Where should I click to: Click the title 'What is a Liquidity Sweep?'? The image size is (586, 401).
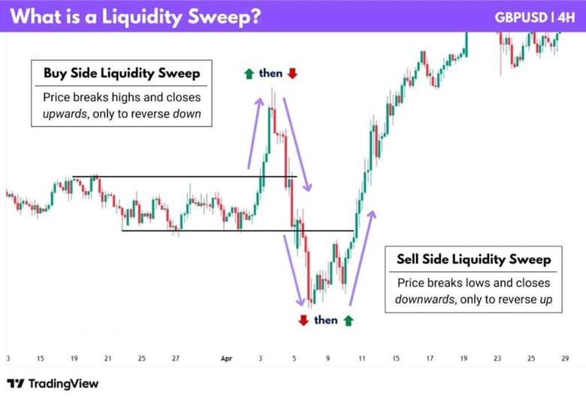click(x=135, y=17)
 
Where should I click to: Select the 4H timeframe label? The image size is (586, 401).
click(x=563, y=17)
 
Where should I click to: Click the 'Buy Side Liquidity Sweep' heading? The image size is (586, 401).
click(x=121, y=74)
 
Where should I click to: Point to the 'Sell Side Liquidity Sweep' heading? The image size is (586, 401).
click(x=473, y=260)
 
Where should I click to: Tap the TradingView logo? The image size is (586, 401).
click(x=53, y=384)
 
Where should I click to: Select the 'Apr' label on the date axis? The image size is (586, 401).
click(x=226, y=359)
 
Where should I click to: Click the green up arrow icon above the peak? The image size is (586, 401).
click(x=249, y=74)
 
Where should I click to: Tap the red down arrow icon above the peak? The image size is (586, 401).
click(x=291, y=74)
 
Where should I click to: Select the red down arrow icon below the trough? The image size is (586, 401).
click(x=303, y=321)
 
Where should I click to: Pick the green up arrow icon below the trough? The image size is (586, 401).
click(x=348, y=321)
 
